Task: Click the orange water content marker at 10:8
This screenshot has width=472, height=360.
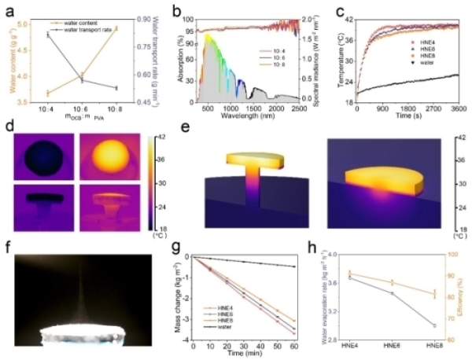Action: pos(116,28)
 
